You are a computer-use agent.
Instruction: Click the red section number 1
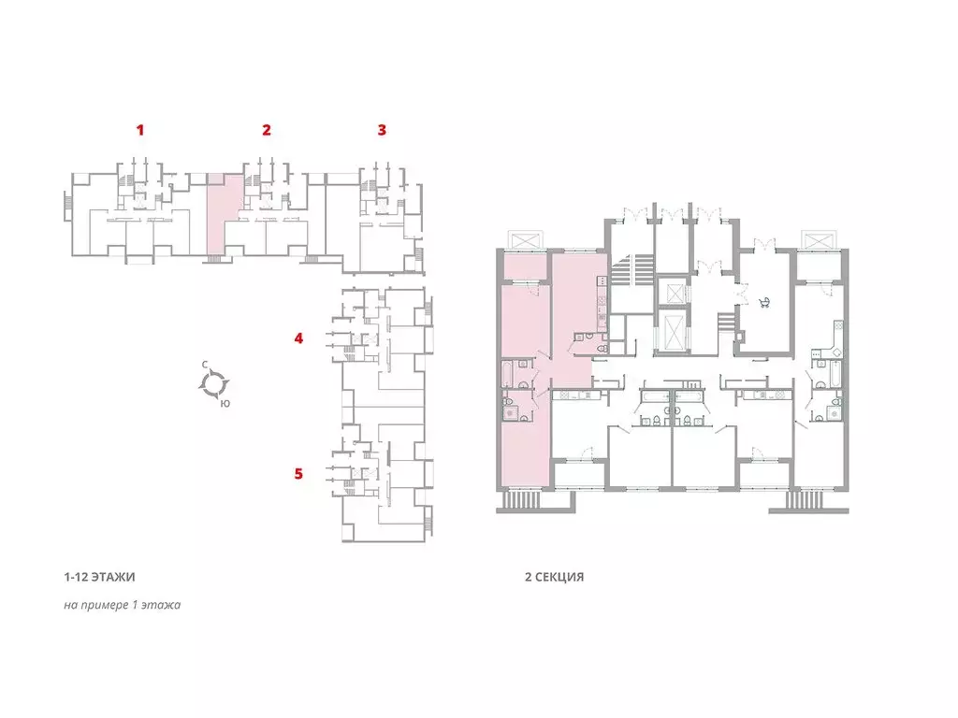(x=140, y=130)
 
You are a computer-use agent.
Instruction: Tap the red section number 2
(x=267, y=130)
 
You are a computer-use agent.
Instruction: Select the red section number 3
(x=382, y=130)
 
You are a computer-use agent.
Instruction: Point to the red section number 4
(x=298, y=338)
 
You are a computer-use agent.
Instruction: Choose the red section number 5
(x=298, y=474)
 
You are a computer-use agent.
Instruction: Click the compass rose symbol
(x=214, y=384)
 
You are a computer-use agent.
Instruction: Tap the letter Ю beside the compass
(x=225, y=404)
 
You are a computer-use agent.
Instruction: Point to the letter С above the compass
(x=205, y=366)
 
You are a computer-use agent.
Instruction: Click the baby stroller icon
(x=764, y=302)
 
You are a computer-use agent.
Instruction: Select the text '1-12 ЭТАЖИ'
(x=99, y=577)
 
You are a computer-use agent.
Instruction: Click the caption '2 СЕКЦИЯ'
(x=554, y=577)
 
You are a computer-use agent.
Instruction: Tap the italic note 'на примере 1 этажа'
(x=123, y=605)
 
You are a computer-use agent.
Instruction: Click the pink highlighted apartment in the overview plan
(x=220, y=215)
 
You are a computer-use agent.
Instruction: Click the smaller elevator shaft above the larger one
(x=674, y=294)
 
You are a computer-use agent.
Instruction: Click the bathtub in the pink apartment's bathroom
(x=507, y=374)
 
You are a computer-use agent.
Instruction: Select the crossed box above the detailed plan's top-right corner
(x=818, y=240)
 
